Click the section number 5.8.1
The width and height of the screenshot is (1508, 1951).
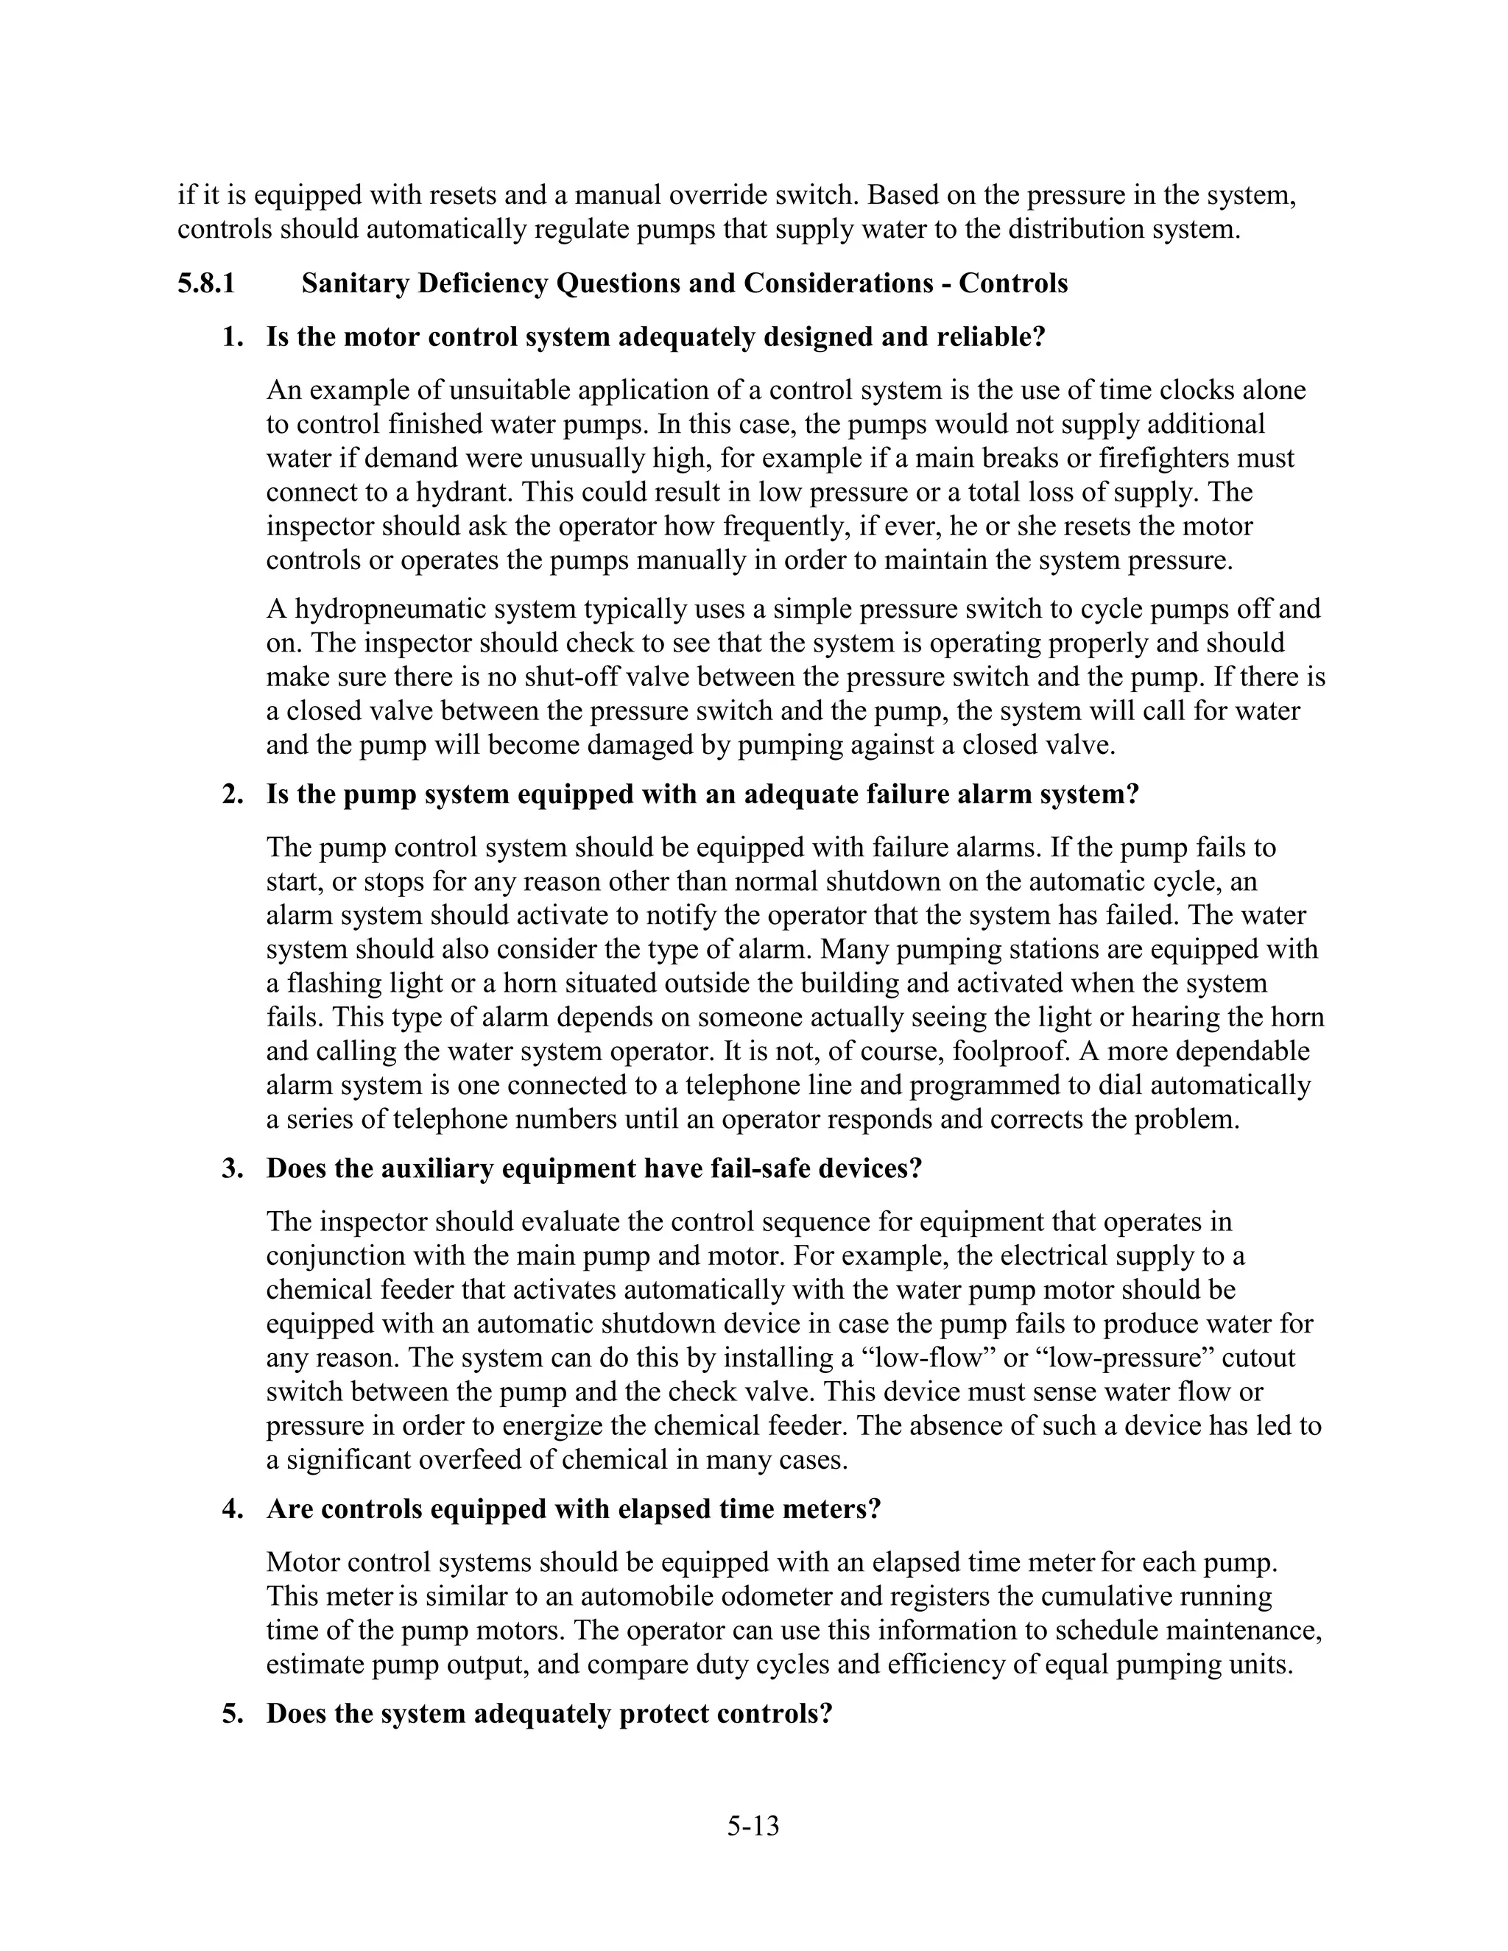(205, 284)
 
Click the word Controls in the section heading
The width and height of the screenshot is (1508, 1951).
(1013, 284)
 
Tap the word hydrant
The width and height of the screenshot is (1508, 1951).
(469, 493)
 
